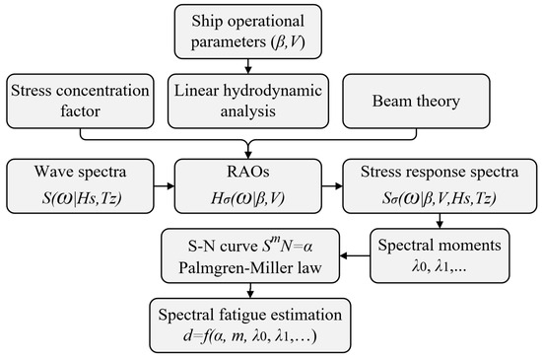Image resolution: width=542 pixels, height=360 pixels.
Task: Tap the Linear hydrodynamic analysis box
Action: pyautogui.click(x=247, y=102)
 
